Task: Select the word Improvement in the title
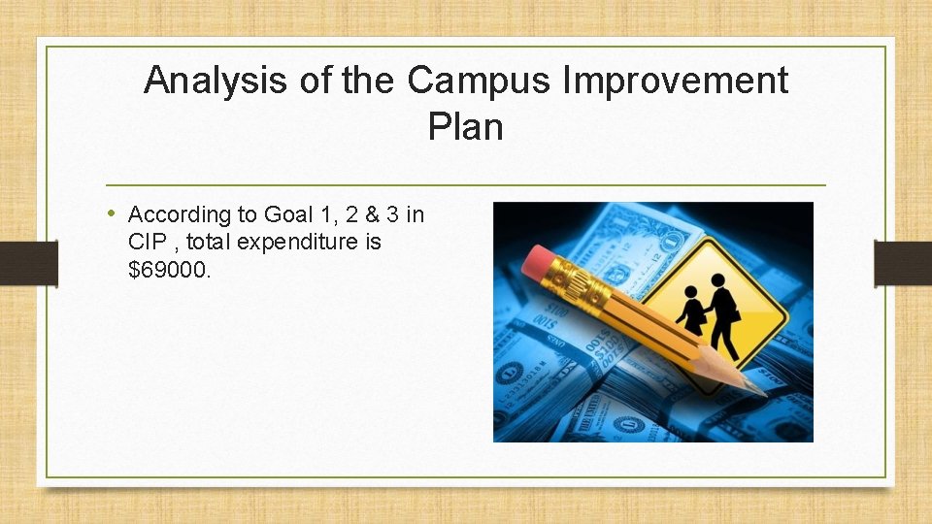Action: [x=677, y=82]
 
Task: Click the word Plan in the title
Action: [x=465, y=127]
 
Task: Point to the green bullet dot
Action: [x=114, y=213]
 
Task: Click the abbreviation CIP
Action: [x=146, y=242]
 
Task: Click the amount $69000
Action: [x=169, y=269]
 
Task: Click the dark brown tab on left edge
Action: [x=28, y=263]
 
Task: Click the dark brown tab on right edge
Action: [x=903, y=263]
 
